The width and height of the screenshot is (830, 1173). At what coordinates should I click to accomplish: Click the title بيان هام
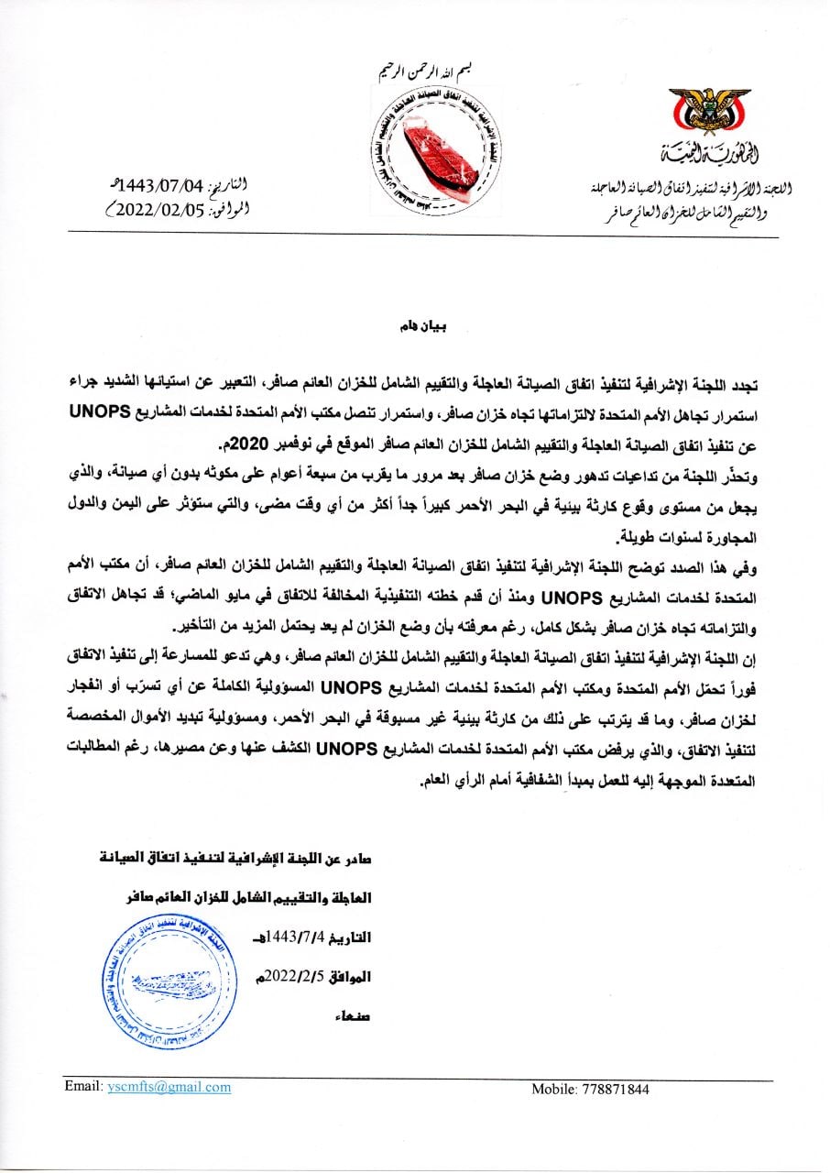pos(416,326)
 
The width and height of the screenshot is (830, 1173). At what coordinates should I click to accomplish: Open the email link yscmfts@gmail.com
pos(169,1087)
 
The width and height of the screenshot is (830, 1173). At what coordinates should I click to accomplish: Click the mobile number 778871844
pos(615,1090)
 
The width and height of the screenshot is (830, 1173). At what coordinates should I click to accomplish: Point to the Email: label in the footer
pos(83,1087)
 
